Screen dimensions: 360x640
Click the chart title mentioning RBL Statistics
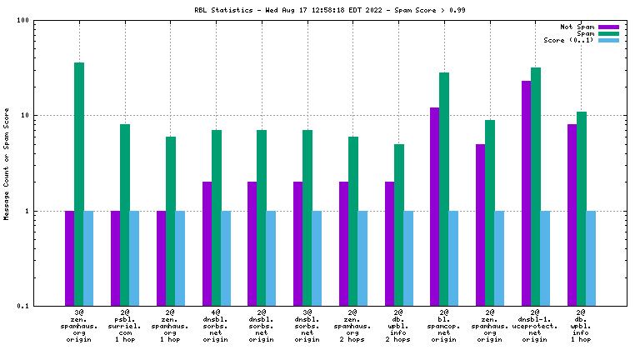[x=321, y=11]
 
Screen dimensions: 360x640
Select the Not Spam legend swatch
[x=608, y=27]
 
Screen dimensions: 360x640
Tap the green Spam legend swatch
[x=608, y=33]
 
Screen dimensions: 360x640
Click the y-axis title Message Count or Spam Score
[x=7, y=163]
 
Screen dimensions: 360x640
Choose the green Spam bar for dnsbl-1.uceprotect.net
[x=536, y=187]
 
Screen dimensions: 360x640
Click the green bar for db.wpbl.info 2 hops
[x=399, y=225]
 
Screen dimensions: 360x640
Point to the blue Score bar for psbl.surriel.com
[x=134, y=258]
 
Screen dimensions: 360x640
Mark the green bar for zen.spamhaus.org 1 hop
[x=171, y=221]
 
